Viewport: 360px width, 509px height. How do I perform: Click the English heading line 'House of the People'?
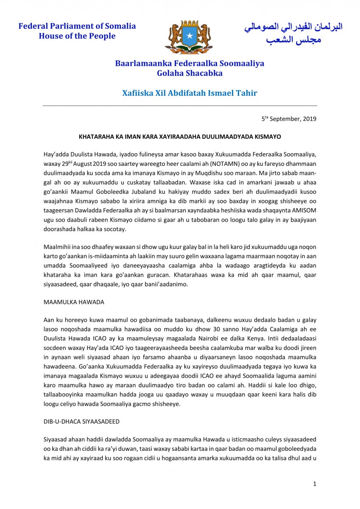pyautogui.click(x=77, y=36)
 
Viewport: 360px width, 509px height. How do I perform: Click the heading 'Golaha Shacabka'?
pyautogui.click(x=190, y=73)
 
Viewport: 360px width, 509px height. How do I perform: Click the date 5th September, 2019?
pyautogui.click(x=288, y=119)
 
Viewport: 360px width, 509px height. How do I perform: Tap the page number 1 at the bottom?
pyautogui.click(x=315, y=484)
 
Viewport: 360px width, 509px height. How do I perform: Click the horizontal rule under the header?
pyautogui.click(x=180, y=106)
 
